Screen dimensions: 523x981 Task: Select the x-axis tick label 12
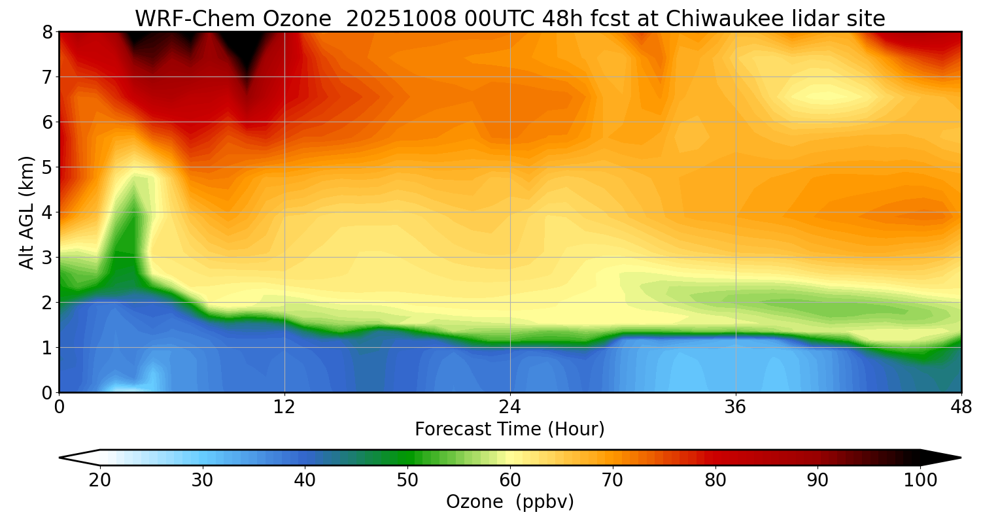click(284, 407)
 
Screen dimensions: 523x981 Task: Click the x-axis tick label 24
click(510, 407)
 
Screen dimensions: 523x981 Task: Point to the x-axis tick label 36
click(736, 407)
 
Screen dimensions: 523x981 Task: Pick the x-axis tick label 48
click(961, 407)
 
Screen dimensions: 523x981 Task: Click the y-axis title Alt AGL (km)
click(27, 212)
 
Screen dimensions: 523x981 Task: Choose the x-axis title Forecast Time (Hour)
click(509, 430)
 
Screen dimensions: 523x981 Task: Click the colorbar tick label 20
click(100, 481)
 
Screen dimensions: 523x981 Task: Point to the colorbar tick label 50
click(407, 481)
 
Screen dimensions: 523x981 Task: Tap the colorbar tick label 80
click(715, 481)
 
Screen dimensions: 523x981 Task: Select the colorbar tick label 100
click(920, 481)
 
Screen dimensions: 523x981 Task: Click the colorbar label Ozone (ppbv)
click(509, 502)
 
